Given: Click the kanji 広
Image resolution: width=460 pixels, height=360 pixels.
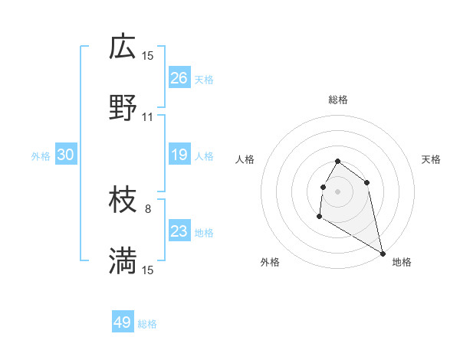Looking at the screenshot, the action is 123,48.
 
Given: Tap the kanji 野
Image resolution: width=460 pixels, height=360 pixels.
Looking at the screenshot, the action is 123,110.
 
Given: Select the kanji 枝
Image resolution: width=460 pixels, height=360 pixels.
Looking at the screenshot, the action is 123,201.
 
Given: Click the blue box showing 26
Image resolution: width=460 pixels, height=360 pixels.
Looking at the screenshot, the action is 179,78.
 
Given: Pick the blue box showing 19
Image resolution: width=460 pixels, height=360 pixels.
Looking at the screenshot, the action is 179,155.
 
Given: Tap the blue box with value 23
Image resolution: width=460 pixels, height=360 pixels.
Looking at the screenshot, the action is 179,231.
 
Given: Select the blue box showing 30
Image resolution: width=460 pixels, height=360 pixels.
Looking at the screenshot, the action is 65,155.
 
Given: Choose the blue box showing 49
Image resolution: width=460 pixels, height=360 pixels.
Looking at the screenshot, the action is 123,322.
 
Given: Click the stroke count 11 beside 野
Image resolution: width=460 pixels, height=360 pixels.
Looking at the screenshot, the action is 148,117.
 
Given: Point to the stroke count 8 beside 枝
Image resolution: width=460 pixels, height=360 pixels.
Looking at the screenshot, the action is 148,208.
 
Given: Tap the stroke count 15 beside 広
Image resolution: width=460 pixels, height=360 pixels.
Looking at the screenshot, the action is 148,55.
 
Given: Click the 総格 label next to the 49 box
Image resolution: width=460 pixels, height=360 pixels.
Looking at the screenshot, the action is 147,324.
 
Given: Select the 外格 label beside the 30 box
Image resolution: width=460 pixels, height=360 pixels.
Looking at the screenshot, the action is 41,156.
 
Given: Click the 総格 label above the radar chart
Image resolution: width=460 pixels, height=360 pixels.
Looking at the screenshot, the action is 338,100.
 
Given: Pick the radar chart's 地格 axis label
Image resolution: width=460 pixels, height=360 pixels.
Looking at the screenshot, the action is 402,262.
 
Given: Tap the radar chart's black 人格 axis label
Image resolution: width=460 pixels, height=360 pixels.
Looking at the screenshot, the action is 245,159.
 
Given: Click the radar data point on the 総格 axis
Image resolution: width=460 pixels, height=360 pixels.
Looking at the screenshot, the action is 337,162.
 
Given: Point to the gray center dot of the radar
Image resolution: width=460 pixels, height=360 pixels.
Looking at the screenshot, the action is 337,191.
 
